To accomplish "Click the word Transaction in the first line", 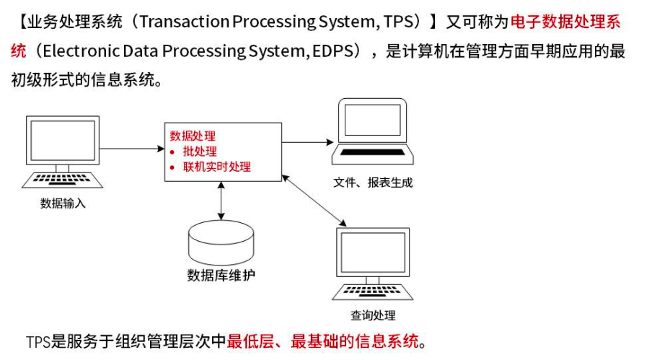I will coord(182,22).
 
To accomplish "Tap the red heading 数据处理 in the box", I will coord(193,136).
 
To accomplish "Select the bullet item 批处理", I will coord(200,152).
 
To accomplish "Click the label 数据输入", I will coord(63,203).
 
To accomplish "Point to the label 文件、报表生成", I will coord(373,183).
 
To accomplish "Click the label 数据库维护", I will coord(221,275).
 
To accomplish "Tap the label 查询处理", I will coord(373,315).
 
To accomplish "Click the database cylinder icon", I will coord(221,242).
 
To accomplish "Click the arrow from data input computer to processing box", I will coord(131,149).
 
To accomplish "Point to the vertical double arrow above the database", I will coord(221,200).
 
